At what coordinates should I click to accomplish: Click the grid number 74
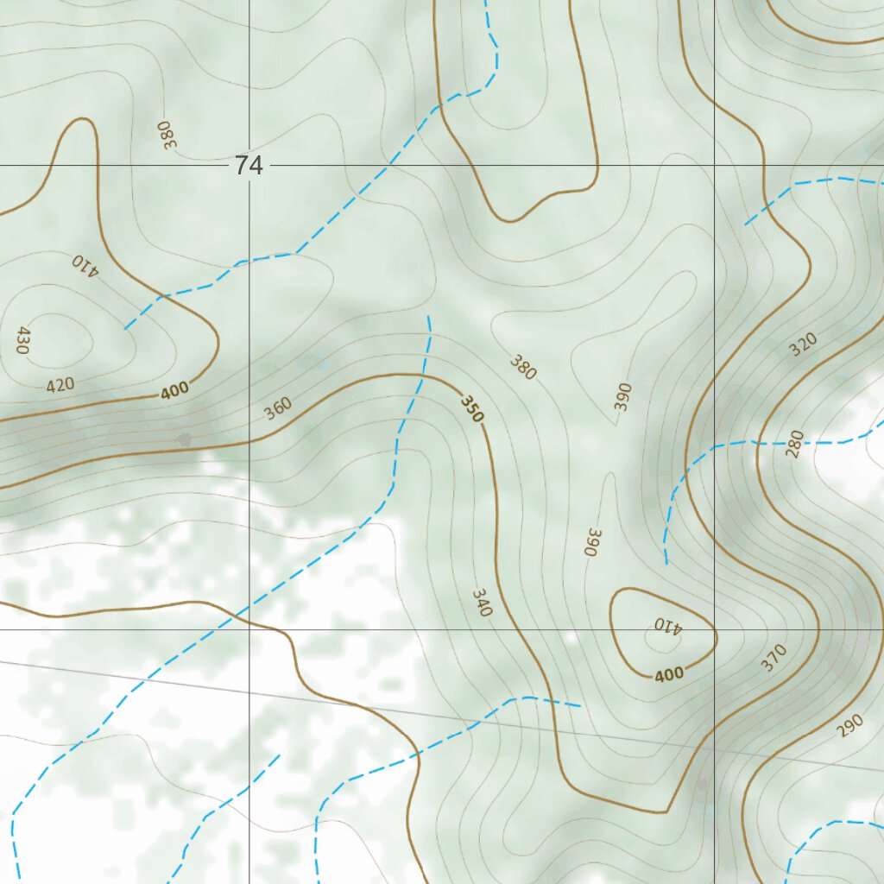tap(248, 166)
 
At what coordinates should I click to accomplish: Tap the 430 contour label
tap(23, 340)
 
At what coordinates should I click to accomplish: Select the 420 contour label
tap(60, 384)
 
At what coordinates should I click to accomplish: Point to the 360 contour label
tap(278, 407)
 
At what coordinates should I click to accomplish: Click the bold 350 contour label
tap(471, 408)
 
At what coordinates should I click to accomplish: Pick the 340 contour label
tap(482, 602)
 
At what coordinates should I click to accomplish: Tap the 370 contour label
tap(773, 659)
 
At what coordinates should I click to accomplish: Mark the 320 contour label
tap(803, 345)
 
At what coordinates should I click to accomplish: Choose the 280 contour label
tap(795, 444)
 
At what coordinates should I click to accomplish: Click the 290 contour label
tap(849, 727)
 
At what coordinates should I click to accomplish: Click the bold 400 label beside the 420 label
tap(174, 391)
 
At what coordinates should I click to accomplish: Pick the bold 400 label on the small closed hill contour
tap(669, 674)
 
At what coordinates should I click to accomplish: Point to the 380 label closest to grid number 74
tap(166, 135)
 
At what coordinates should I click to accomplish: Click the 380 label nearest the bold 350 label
tap(522, 367)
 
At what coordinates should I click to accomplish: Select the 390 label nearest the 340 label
tap(592, 541)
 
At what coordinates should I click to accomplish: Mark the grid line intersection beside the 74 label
tap(249, 165)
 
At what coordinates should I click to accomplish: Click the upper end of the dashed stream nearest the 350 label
tap(428, 317)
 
